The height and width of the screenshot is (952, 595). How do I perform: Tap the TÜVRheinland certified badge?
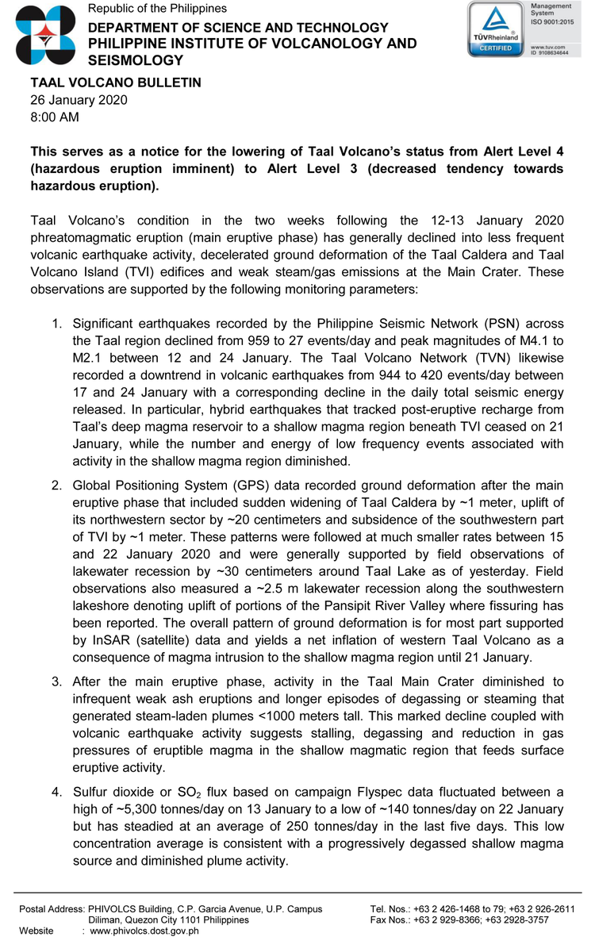pyautogui.click(x=493, y=29)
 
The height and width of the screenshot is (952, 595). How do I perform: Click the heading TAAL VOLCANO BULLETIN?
pyautogui.click(x=116, y=83)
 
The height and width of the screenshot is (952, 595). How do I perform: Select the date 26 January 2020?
pyautogui.click(x=79, y=100)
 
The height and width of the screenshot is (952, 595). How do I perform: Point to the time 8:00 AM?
pyautogui.click(x=55, y=117)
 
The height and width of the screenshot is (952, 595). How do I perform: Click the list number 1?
pyautogui.click(x=56, y=324)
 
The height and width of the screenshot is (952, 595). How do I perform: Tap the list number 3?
pyautogui.click(x=56, y=681)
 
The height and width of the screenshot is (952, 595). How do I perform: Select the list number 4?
pyautogui.click(x=56, y=792)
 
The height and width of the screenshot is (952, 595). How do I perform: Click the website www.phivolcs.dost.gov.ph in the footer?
pyautogui.click(x=144, y=931)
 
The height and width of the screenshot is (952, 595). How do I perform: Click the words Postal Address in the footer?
pyautogui.click(x=50, y=909)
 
